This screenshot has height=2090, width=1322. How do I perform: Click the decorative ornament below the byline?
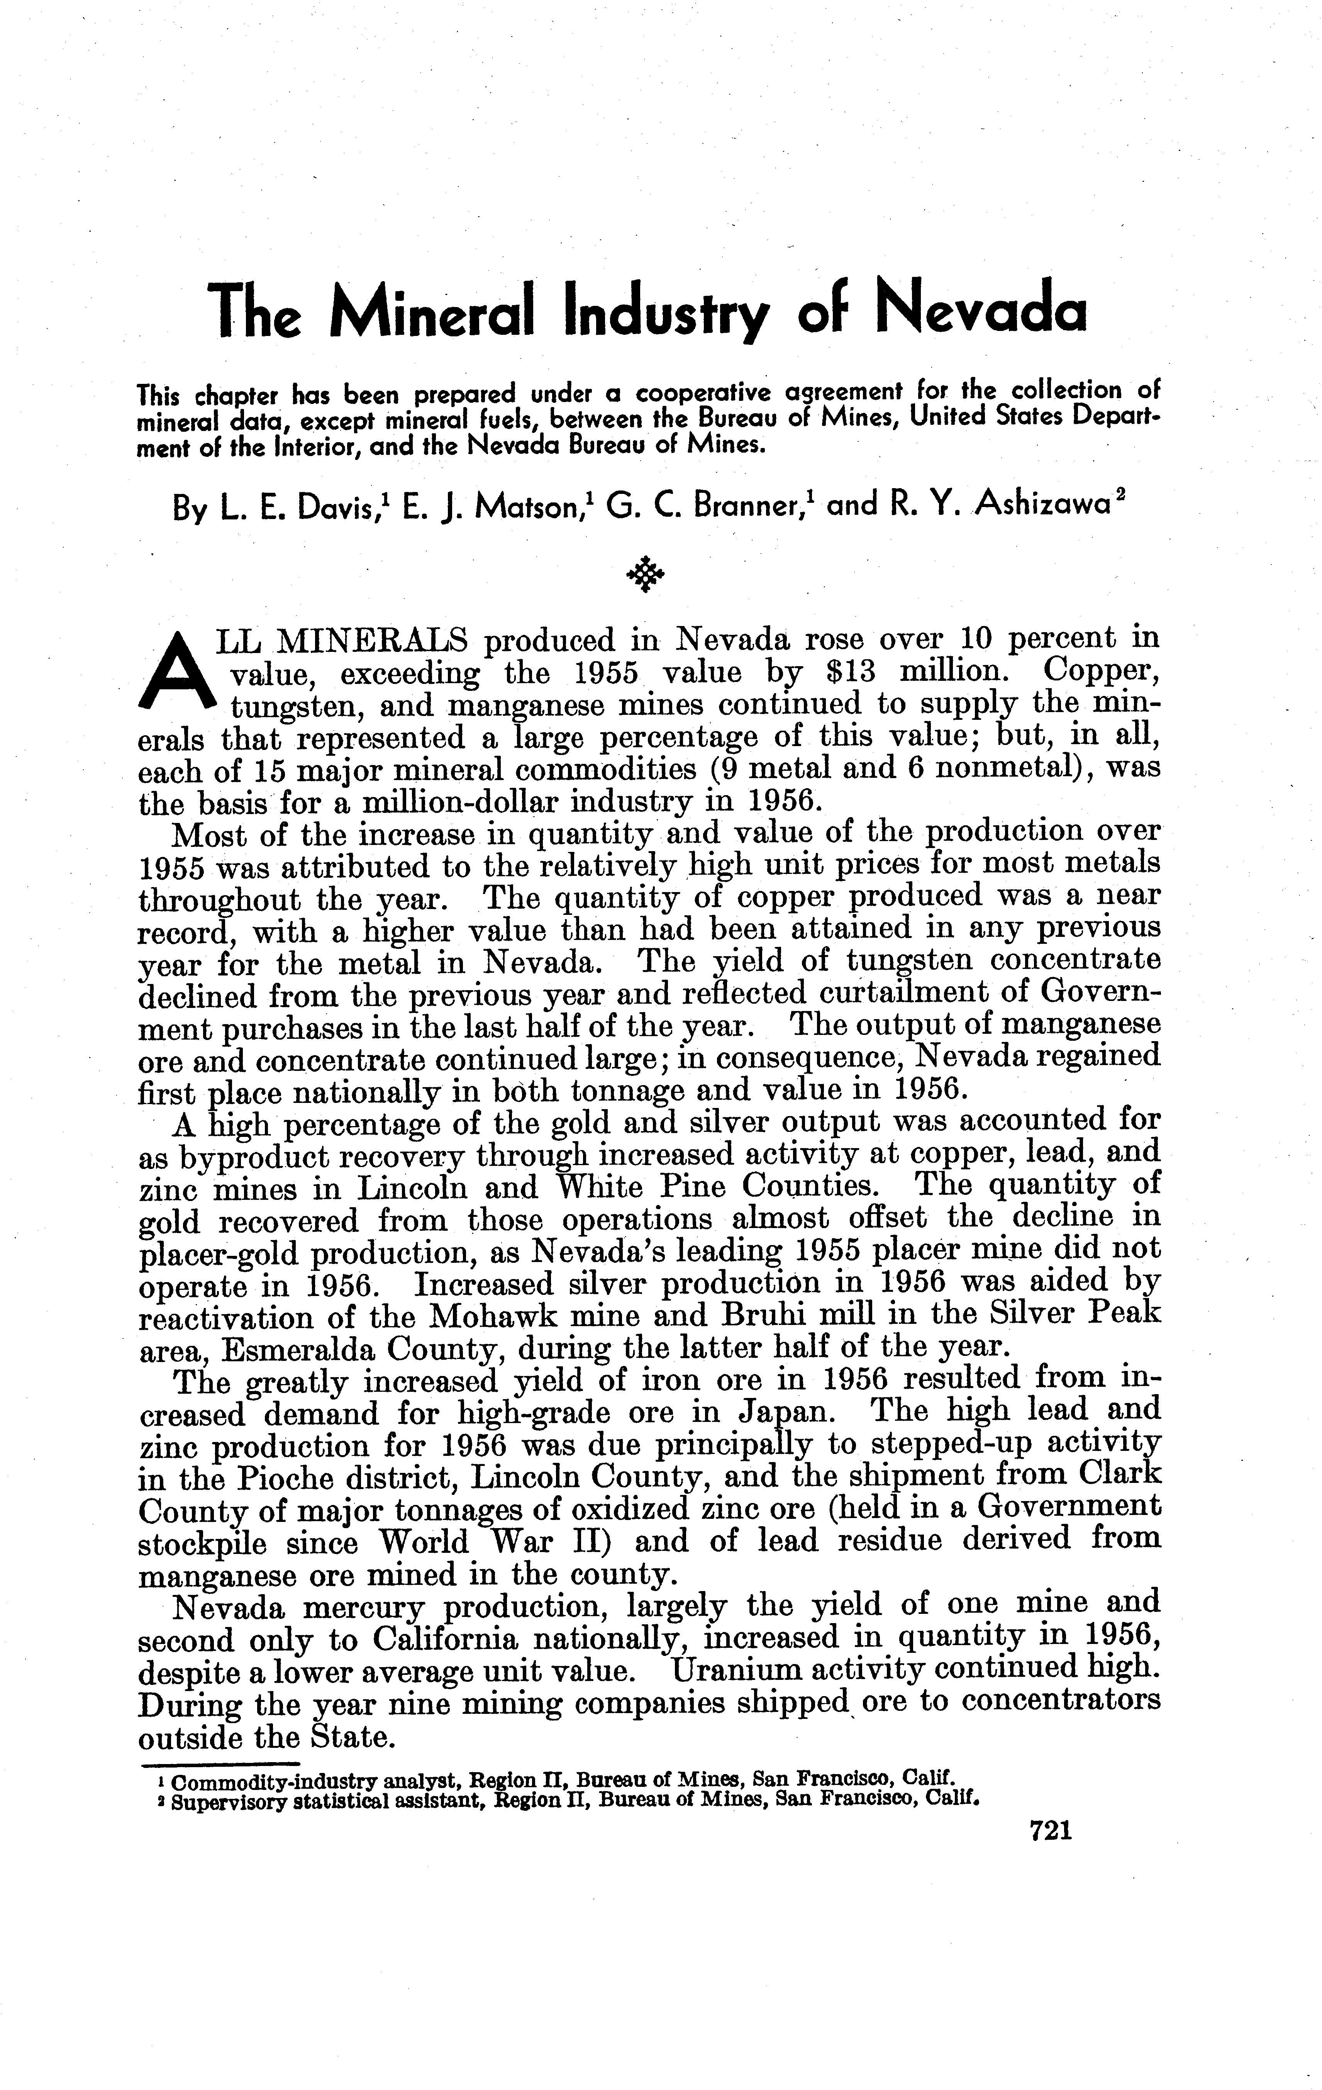(645, 573)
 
